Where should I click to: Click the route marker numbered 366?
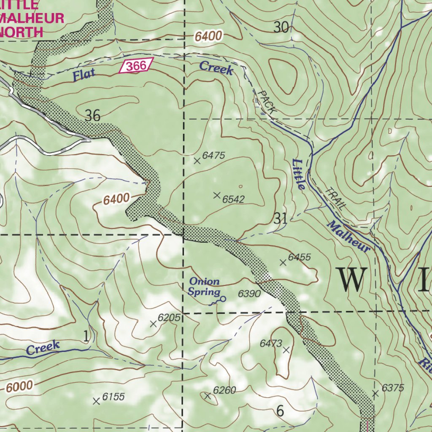[135, 66]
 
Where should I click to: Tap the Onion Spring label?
[204, 286]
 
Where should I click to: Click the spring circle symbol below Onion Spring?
[223, 299]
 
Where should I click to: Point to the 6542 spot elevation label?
[233, 199]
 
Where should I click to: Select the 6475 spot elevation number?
[213, 156]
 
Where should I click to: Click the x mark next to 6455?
[283, 263]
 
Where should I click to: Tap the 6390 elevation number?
[249, 294]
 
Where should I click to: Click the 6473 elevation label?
[270, 343]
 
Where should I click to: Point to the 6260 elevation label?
[224, 390]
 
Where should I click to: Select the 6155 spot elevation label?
[113, 397]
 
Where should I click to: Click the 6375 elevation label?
[393, 388]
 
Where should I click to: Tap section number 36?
[92, 115]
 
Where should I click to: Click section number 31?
[281, 219]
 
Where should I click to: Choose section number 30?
[281, 28]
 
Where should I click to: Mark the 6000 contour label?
[19, 386]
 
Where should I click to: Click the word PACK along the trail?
[266, 103]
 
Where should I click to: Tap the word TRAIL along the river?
[336, 198]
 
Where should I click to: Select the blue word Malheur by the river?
[348, 236]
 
